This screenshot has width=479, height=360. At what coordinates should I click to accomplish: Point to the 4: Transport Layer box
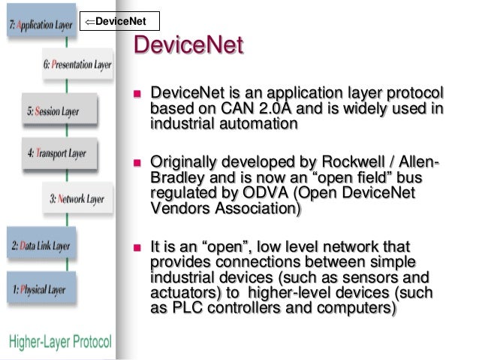[x=57, y=153]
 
